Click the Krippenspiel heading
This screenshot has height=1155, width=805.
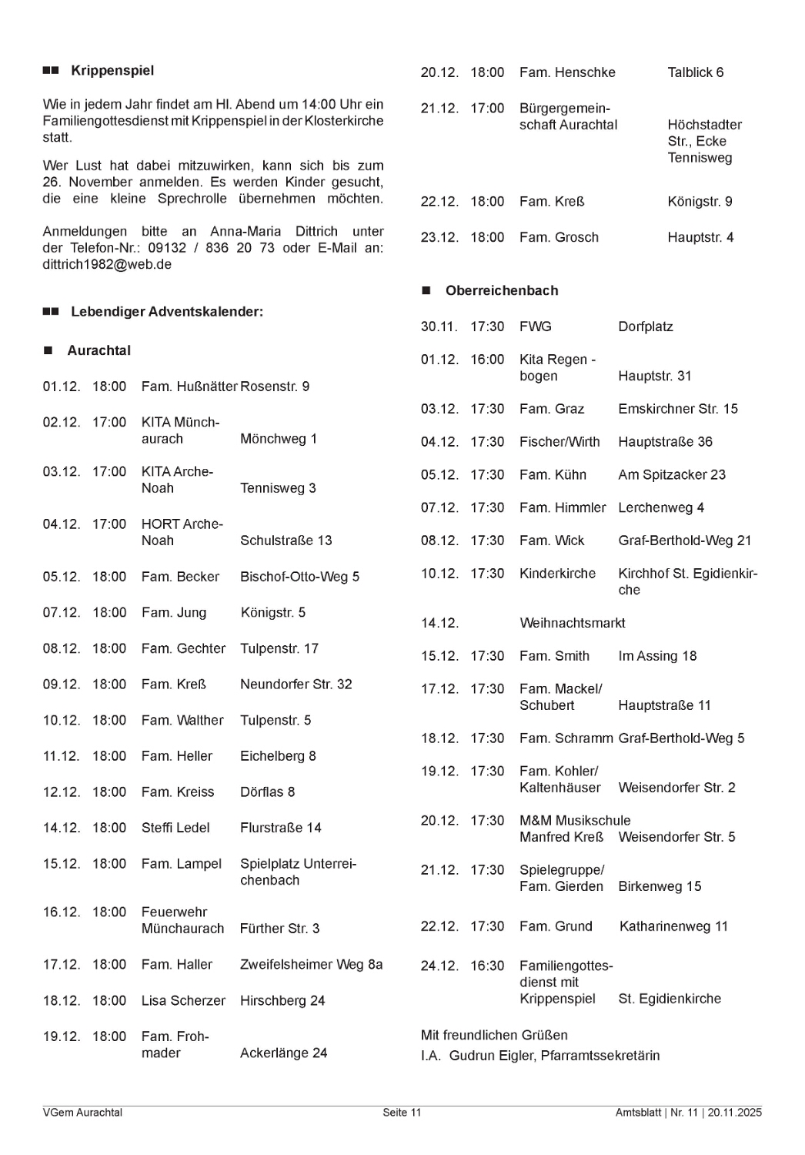112,71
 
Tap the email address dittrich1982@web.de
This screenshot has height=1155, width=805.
107,264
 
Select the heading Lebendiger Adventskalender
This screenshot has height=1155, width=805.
167,312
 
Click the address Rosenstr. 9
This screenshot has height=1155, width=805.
275,387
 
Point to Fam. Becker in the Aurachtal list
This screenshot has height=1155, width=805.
180,577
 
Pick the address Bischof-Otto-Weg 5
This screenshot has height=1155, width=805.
299,577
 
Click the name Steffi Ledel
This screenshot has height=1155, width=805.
175,828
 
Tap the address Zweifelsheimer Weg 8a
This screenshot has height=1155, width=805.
311,965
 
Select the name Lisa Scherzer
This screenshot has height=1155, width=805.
183,1001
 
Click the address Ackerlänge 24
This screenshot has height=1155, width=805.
283,1053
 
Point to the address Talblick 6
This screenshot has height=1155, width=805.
696,72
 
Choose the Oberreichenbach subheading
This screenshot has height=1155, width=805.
502,291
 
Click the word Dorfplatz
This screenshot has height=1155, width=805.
646,326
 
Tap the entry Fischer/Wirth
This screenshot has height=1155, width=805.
559,442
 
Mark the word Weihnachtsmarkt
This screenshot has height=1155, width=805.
573,623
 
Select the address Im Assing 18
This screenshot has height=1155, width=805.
657,656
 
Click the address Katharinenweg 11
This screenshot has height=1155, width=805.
673,926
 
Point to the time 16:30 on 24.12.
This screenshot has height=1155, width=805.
487,966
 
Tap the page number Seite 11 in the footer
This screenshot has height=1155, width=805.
402,1113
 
